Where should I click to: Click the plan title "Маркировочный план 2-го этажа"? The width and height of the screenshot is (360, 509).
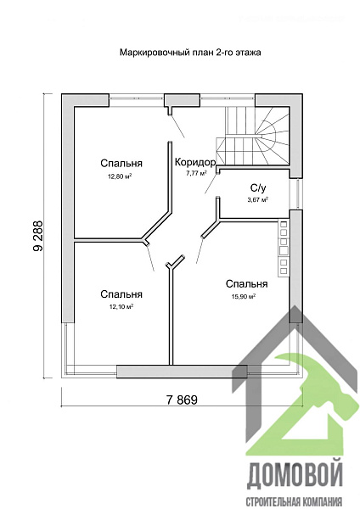click(190, 53)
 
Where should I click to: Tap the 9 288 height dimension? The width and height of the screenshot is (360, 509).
click(37, 236)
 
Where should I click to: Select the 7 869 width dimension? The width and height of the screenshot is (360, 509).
click(182, 400)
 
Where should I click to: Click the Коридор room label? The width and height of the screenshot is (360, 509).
click(195, 162)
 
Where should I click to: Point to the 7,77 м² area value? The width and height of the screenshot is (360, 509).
click(196, 173)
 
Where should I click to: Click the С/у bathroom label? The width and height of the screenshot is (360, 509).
click(258, 188)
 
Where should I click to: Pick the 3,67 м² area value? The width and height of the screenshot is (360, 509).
click(257, 199)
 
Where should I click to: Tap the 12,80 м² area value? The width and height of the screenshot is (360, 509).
click(120, 176)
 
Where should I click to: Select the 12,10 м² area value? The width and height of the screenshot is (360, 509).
click(121, 306)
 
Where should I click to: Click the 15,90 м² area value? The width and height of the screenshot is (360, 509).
click(244, 296)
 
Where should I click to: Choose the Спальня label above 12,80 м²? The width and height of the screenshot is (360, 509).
click(121, 163)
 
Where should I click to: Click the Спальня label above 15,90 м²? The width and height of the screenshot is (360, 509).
click(246, 284)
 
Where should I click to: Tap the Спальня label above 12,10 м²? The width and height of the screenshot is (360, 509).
click(121, 294)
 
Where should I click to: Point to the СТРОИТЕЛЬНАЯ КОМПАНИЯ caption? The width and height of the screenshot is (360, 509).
click(295, 501)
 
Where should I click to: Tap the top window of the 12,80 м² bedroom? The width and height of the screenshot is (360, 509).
click(136, 97)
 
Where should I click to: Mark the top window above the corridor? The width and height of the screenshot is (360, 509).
click(227, 97)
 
